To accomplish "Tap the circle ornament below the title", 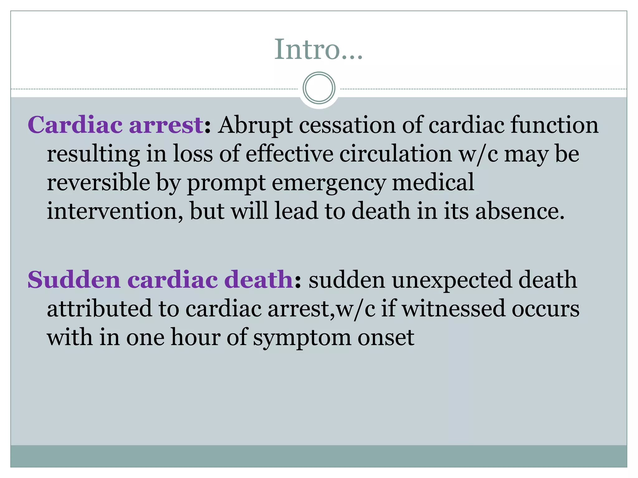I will [x=319, y=88].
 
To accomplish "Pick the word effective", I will [x=289, y=154].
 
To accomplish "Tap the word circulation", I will [x=395, y=154].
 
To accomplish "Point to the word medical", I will [x=433, y=182].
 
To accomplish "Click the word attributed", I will [x=99, y=309].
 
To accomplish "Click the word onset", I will [x=386, y=338].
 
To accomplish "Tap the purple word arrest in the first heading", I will [x=166, y=125].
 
